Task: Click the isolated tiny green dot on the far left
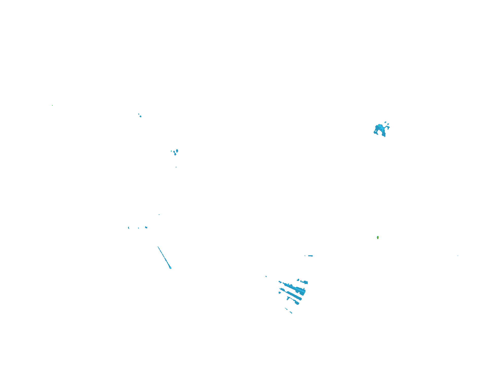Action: [52, 105]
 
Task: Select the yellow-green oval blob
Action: [378, 237]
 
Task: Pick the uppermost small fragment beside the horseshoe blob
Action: [385, 122]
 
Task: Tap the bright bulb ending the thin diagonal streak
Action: [170, 267]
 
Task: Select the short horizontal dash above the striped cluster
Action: [310, 256]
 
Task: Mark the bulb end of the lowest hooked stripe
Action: [297, 303]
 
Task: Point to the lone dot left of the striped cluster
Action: [266, 276]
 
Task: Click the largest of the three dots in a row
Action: [146, 227]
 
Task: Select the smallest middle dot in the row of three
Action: [138, 228]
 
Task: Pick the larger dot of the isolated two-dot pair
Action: [140, 116]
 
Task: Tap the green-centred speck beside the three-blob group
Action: [171, 151]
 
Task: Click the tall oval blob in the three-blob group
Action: [177, 151]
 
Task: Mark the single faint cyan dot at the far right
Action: [458, 256]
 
